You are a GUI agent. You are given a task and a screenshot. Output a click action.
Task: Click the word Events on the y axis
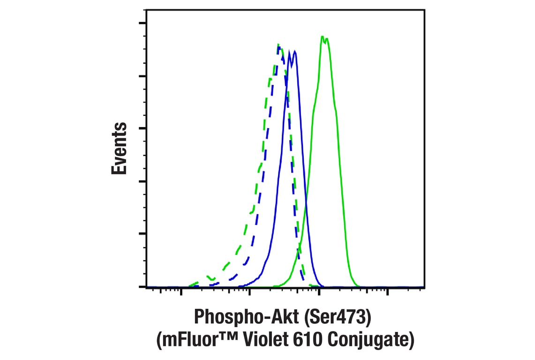coord(120,148)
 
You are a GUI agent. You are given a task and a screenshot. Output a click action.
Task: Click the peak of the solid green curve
coord(323,37)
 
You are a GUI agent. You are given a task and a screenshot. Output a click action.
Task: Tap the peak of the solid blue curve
coord(294,51)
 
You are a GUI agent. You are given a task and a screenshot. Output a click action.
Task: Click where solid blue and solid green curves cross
coord(305,205)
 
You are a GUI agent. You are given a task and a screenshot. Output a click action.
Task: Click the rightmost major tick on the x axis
coord(387,291)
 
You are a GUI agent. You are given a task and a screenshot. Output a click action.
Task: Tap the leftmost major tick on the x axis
coord(181,291)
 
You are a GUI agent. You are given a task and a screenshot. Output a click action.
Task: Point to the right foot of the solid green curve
coord(357,285)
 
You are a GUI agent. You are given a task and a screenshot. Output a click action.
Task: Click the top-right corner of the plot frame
coord(424,9)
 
